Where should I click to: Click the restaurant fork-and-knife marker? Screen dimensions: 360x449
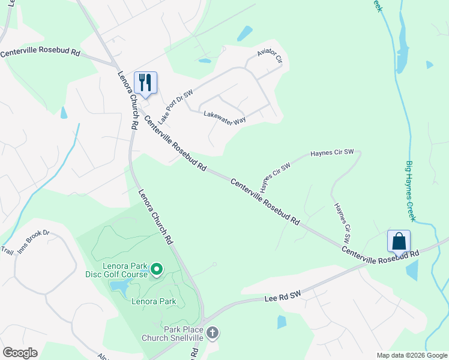(145, 82)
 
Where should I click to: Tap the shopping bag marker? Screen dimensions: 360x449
(399, 241)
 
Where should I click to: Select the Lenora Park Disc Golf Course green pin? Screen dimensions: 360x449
(156, 269)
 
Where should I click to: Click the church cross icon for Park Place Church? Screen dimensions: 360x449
(211, 332)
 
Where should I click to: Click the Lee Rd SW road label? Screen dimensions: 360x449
(282, 296)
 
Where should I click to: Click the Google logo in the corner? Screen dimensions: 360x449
(20, 353)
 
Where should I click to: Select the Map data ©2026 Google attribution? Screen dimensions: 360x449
(412, 355)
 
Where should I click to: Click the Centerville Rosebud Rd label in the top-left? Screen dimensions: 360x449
(40, 53)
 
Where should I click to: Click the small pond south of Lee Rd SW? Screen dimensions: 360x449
(282, 322)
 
